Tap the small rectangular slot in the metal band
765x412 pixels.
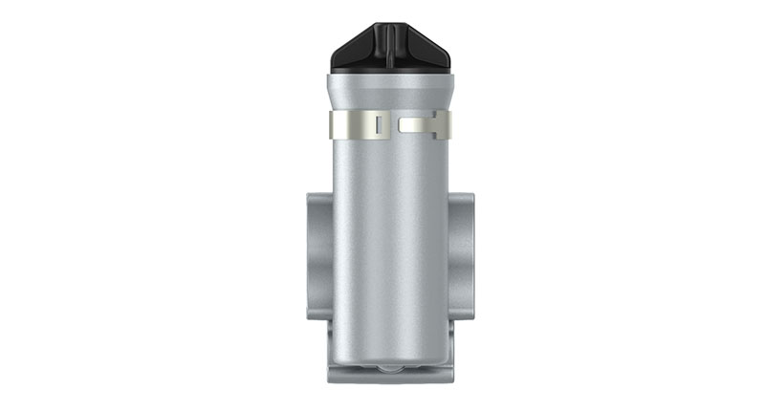pos(380,124)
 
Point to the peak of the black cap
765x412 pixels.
pos(392,23)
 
